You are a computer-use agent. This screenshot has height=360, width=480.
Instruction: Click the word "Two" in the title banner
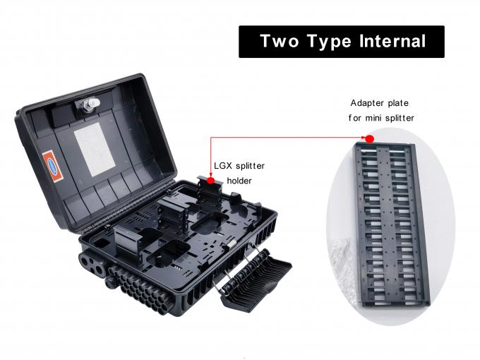coord(280,41)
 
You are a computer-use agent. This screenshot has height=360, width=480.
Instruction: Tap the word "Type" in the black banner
coord(328,42)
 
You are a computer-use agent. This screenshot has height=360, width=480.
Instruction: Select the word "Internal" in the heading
coord(392,41)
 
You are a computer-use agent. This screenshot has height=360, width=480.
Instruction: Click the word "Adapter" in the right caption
coord(366,103)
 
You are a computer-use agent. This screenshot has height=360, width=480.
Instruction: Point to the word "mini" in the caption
coord(373,118)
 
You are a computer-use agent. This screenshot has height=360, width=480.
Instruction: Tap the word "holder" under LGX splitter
coord(239,181)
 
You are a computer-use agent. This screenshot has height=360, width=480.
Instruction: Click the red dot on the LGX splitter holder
coord(210,181)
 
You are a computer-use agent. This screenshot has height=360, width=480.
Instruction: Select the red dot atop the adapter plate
coord(370,138)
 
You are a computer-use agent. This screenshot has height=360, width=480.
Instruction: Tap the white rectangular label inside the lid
coord(95,150)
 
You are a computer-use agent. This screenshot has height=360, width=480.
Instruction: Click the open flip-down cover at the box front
coord(256,279)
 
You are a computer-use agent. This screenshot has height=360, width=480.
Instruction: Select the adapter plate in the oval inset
coord(392,225)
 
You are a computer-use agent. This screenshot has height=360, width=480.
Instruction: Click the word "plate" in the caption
coord(398,103)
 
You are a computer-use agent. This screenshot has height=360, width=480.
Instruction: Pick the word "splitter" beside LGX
coord(250,166)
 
